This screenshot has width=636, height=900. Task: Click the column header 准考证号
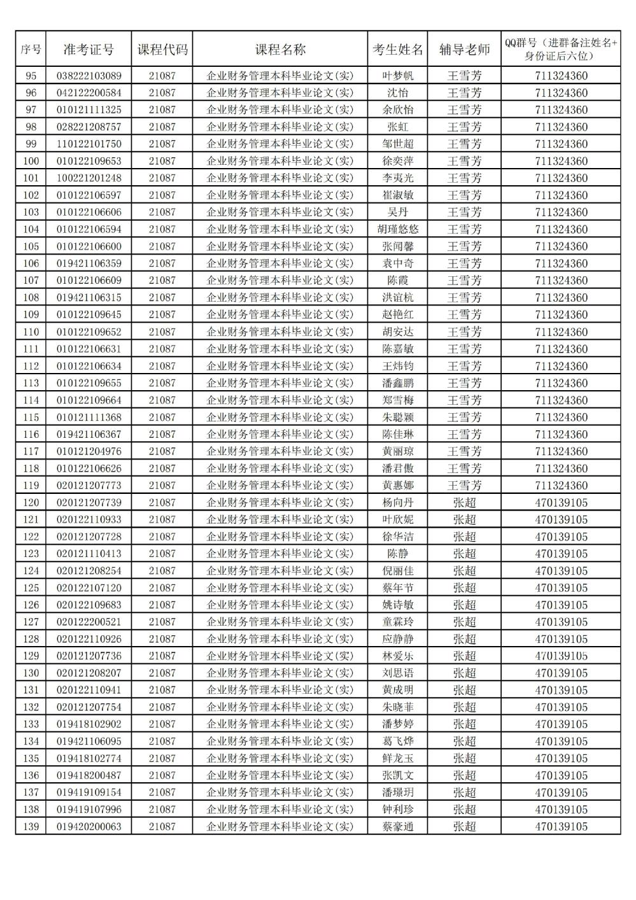click(88, 50)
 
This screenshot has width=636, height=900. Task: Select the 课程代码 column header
click(162, 50)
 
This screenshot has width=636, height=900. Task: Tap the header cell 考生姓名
click(398, 50)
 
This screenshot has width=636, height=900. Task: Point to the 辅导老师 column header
click(464, 50)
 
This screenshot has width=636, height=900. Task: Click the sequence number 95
click(31, 76)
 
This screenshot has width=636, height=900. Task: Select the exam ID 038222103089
click(89, 76)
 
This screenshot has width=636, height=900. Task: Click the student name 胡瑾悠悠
click(398, 229)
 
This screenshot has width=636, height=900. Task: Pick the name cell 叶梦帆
click(398, 76)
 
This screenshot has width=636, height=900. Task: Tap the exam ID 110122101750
click(89, 144)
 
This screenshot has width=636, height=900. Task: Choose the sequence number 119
click(31, 485)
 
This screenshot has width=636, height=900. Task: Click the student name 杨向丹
click(398, 502)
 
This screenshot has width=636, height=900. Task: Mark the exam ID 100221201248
click(89, 178)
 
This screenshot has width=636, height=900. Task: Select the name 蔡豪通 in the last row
click(398, 826)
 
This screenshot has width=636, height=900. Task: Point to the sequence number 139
click(31, 826)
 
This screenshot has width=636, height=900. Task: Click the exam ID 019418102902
click(89, 724)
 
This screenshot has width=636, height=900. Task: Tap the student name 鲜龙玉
click(398, 758)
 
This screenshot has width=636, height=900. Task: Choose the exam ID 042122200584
click(89, 93)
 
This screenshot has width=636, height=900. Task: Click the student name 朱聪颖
click(398, 417)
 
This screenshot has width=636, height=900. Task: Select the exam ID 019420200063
click(89, 826)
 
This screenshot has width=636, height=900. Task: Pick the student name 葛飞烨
click(398, 741)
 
